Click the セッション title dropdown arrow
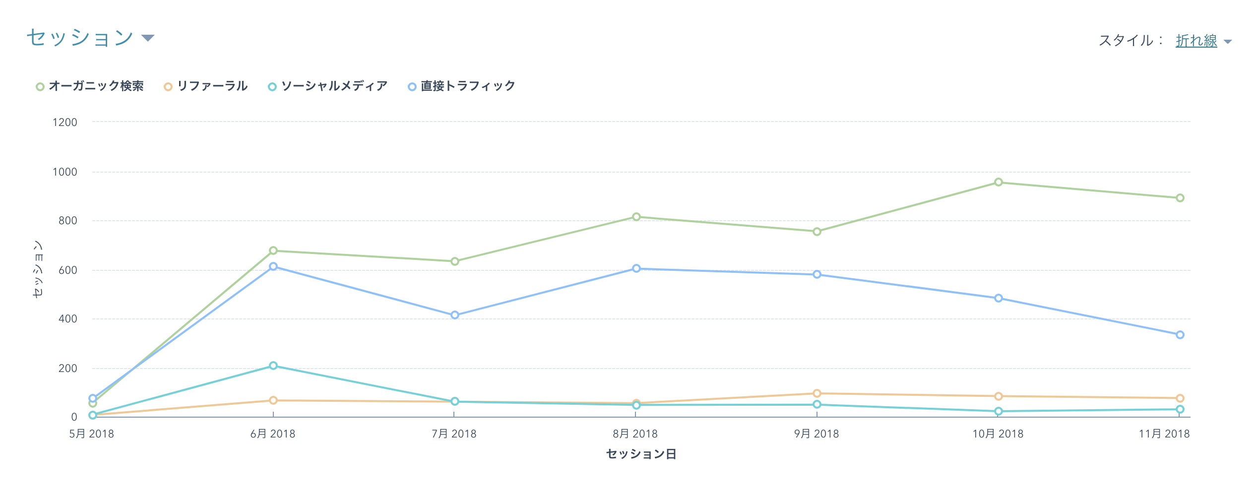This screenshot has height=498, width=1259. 148,38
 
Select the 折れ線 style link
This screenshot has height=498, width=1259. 1196,41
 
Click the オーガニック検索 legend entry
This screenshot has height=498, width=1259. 90,86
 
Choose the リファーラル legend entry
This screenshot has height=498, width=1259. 206,86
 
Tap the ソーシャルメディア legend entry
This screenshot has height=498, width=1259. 328,86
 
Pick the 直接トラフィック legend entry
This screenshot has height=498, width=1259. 462,86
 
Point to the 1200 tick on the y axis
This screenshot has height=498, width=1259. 65,123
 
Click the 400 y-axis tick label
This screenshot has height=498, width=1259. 68,319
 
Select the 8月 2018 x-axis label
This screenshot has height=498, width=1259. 635,434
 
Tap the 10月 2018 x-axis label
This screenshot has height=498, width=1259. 998,434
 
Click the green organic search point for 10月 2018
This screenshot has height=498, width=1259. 999,183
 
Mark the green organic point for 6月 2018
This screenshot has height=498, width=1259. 273,251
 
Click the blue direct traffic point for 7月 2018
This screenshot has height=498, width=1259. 455,315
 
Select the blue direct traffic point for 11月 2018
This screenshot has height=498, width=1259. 1180,335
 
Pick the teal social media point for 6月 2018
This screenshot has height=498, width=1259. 273,366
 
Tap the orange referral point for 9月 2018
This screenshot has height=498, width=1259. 817,394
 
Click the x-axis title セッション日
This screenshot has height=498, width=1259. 641,454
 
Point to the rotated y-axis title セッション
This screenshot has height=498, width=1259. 38,269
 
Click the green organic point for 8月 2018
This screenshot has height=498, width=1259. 636,217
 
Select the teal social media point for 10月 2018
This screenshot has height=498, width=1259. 999,412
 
